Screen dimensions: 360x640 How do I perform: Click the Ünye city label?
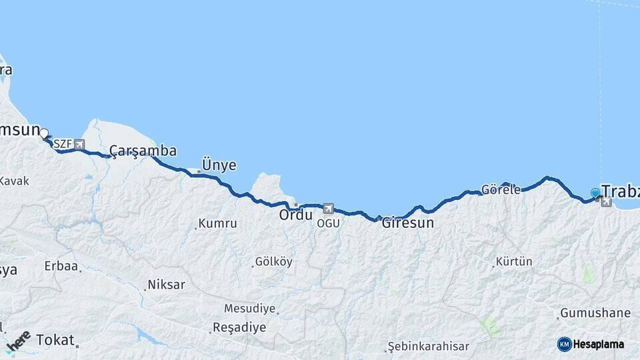(x=219, y=165)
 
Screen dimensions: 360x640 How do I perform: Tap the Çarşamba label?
(x=143, y=151)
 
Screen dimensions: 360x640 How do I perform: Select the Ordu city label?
(x=295, y=215)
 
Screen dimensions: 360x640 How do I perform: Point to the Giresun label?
(x=407, y=223)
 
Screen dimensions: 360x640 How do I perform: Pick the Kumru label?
(x=217, y=224)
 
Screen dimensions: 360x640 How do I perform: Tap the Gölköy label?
(x=273, y=262)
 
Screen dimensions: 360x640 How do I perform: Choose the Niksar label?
(x=166, y=285)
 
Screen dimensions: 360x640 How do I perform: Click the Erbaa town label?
(x=61, y=266)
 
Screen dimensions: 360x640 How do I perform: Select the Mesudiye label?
(x=249, y=309)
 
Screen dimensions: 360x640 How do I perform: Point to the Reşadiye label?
(x=239, y=327)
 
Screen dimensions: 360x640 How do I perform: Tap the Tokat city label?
(x=55, y=339)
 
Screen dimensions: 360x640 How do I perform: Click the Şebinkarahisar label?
(x=429, y=347)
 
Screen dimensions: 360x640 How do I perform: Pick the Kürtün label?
(x=514, y=261)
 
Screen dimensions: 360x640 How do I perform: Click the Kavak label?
(x=14, y=181)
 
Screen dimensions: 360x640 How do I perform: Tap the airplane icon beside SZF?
(x=79, y=144)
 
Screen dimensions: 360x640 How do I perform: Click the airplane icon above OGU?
(x=328, y=209)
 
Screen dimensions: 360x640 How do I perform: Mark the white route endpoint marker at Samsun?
(x=44, y=133)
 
